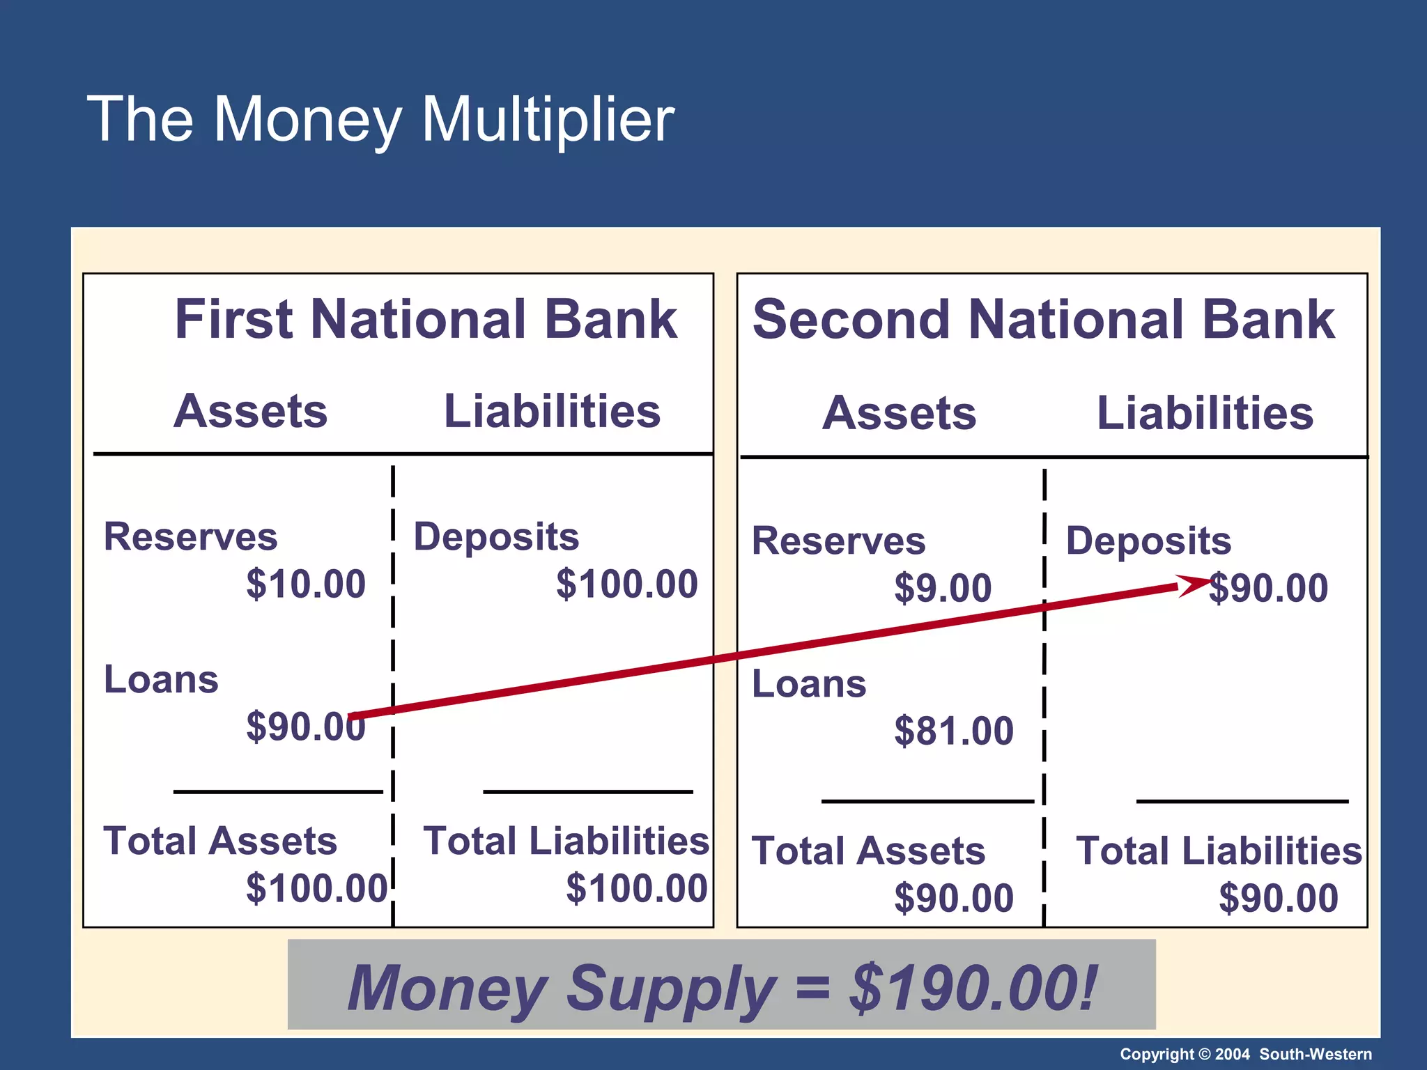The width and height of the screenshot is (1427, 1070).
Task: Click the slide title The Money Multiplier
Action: coord(380,120)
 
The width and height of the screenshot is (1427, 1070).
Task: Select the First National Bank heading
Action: coord(426,319)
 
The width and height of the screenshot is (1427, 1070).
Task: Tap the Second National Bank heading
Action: coord(1043,319)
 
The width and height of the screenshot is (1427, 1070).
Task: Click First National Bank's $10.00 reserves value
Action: coord(305,584)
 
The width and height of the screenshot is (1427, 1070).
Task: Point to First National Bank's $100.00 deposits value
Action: coord(626,584)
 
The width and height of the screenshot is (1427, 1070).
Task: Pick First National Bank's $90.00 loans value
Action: coord(305,727)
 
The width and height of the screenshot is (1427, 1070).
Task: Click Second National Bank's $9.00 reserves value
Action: coord(943,588)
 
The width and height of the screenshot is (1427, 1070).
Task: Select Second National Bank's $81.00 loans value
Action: coord(953,731)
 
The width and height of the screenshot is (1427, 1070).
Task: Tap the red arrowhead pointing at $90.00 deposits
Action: coord(1194,584)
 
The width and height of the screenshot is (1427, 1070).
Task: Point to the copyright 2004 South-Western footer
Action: coord(1245,1054)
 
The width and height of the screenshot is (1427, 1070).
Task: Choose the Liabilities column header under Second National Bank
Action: coord(1205,413)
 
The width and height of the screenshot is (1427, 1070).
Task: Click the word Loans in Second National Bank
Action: coord(809,683)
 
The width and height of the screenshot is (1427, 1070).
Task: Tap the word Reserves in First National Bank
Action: coord(190,537)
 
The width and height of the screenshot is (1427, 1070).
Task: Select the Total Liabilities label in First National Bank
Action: coord(566,841)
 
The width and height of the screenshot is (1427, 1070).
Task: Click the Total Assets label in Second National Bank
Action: coord(868,851)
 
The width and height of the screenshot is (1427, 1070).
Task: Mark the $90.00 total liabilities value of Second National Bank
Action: coord(1278,898)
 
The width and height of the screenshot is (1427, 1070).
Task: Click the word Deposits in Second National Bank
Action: coord(1148,541)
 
